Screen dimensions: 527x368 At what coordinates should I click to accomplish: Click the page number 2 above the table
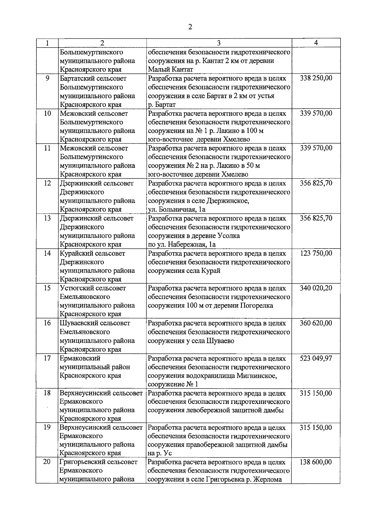point(190,27)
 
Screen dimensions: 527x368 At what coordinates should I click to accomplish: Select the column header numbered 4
point(316,43)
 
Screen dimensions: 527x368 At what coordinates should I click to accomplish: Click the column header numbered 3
point(219,43)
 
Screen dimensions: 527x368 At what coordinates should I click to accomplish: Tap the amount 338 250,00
point(316,78)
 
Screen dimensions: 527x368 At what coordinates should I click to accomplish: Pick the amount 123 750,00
point(316,253)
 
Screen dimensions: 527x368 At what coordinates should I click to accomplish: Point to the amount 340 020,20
point(316,288)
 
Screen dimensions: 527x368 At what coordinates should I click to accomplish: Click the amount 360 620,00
point(316,323)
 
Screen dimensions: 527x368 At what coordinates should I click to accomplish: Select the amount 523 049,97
point(316,358)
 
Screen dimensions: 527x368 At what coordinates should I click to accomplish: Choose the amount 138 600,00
point(316,462)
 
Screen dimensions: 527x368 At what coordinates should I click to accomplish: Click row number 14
point(47,254)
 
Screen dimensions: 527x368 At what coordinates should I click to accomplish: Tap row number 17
point(47,358)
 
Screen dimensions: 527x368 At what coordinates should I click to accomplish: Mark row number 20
point(47,462)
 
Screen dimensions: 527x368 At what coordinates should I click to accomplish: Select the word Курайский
point(75,254)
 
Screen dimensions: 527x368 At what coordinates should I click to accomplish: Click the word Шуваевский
point(78,324)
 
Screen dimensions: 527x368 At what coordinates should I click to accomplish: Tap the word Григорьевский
point(81,462)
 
